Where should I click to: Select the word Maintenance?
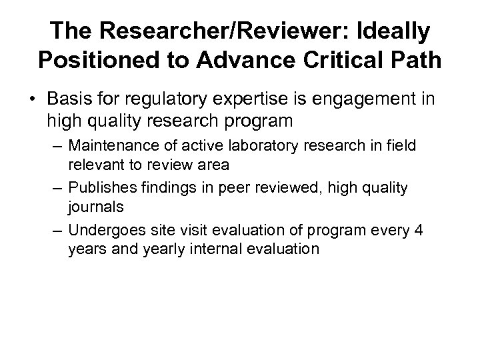tap(111, 146)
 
